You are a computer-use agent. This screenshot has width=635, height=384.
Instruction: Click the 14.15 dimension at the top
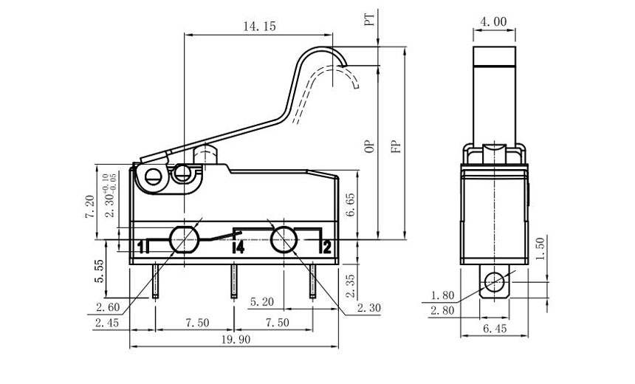click(x=258, y=26)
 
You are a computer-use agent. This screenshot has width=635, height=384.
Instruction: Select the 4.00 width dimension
click(x=493, y=22)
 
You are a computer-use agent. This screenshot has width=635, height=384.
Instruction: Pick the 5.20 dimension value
click(x=264, y=301)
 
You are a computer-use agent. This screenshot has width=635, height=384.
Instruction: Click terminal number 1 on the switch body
click(x=140, y=247)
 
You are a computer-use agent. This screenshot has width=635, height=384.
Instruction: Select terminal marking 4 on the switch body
click(x=238, y=247)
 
